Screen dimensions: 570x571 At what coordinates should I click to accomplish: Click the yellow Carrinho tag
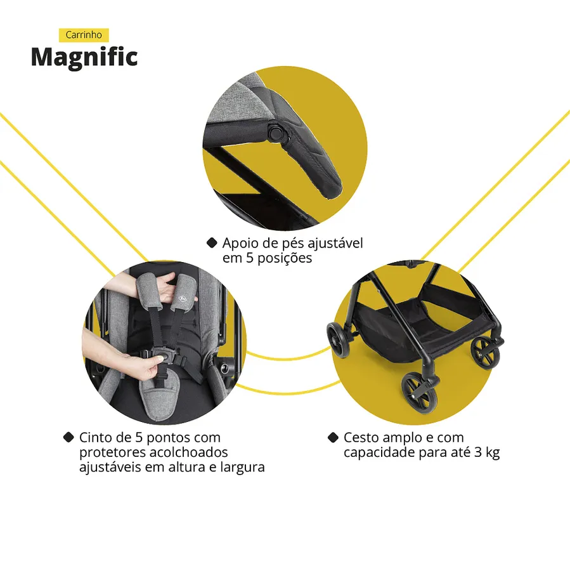[84, 35]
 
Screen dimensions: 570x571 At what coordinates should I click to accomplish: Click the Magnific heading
[84, 58]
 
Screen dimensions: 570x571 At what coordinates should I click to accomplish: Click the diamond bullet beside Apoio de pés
[212, 243]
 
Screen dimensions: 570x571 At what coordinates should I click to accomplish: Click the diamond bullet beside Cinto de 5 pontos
[68, 437]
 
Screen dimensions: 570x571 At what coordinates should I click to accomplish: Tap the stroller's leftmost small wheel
[338, 339]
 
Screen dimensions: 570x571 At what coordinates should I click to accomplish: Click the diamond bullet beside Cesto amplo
[333, 437]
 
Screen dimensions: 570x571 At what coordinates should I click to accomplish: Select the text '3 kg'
[487, 452]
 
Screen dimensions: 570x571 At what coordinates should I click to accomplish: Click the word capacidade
[380, 452]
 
